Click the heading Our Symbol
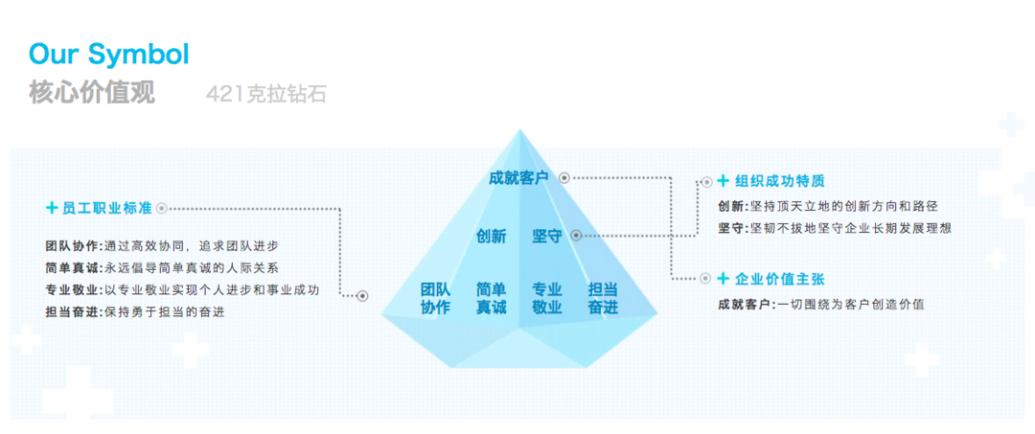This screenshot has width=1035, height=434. pyautogui.click(x=108, y=54)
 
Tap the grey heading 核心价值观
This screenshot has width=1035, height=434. pyautogui.click(x=91, y=93)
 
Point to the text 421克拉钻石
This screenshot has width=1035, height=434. pyautogui.click(x=265, y=94)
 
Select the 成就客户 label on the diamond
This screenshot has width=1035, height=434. pyautogui.click(x=517, y=177)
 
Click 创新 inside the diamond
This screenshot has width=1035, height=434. pyautogui.click(x=491, y=236)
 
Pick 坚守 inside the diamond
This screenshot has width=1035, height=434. pyautogui.click(x=546, y=236)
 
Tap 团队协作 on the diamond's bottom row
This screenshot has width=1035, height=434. pyautogui.click(x=435, y=298)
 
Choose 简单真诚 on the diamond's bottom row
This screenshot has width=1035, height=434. pyautogui.click(x=491, y=298)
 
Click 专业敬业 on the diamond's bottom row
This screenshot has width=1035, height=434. pyautogui.click(x=546, y=298)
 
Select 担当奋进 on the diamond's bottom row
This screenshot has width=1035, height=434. pyautogui.click(x=603, y=298)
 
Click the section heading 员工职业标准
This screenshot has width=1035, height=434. pyautogui.click(x=106, y=207)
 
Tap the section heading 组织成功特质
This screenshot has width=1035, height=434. pyautogui.click(x=779, y=181)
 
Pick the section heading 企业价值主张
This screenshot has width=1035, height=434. pyautogui.click(x=779, y=279)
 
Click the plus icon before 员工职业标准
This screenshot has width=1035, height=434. pyautogui.click(x=52, y=207)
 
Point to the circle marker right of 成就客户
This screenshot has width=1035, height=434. pyautogui.click(x=564, y=177)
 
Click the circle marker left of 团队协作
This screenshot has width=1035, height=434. pyautogui.click(x=362, y=296)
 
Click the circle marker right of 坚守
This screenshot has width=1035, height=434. pyautogui.click(x=572, y=235)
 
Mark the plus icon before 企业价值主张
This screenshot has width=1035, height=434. pyautogui.click(x=707, y=279)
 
